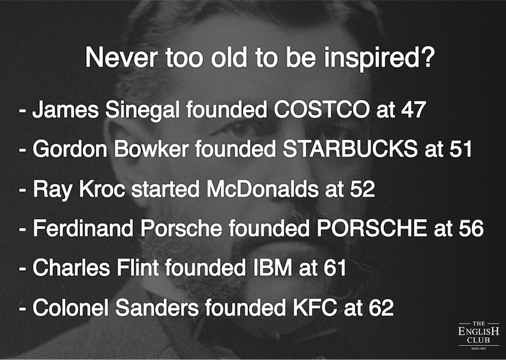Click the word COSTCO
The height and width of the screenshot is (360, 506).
coord(322,110)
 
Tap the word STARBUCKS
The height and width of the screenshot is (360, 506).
coord(350,149)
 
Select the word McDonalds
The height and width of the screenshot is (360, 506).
coord(262,189)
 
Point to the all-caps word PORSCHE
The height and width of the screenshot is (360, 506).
coord(372,228)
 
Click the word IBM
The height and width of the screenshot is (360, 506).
coord(273,268)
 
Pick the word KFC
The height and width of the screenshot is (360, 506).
coord(315,307)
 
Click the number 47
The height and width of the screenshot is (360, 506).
coord(414,110)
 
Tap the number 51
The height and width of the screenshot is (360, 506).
coord(460,149)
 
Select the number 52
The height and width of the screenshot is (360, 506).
coord(362,189)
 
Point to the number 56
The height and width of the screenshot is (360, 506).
coord(471,228)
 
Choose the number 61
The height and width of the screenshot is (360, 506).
coord(335,268)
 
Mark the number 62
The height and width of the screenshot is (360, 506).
coord(381,307)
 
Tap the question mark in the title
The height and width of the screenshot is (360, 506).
coord(428,58)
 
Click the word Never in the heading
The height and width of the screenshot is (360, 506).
coord(121,58)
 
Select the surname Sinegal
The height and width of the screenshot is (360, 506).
coord(142,111)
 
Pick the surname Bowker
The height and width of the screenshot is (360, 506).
coord(151,149)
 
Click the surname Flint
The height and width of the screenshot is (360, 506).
coord(138,268)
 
